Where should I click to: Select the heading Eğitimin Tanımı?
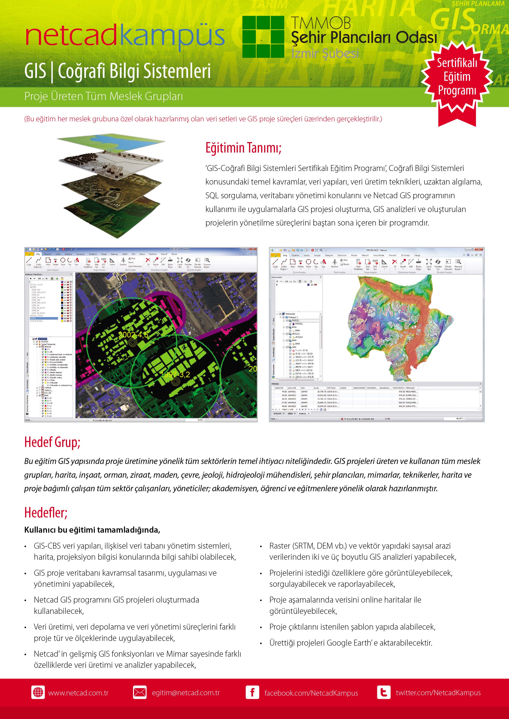[x=243, y=148]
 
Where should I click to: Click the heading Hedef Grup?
[x=52, y=442]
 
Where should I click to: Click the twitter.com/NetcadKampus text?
[x=438, y=693]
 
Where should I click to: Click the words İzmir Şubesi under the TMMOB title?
[x=325, y=53]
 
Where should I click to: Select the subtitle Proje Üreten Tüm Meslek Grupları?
[x=103, y=96]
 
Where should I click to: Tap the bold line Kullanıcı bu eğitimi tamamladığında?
[x=92, y=530]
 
